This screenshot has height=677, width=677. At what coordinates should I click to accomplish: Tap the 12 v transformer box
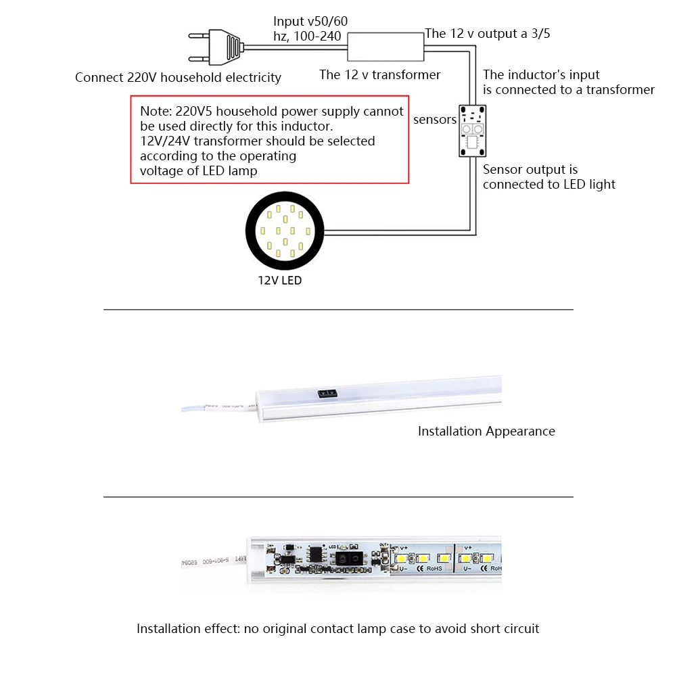click(385, 47)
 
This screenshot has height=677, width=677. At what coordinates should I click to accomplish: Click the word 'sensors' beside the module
click(435, 120)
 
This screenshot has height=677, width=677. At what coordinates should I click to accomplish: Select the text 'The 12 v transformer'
click(380, 75)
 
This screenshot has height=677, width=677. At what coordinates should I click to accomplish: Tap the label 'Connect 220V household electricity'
click(178, 78)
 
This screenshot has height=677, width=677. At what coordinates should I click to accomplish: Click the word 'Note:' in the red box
click(156, 112)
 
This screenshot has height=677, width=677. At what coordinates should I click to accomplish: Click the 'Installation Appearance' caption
click(486, 431)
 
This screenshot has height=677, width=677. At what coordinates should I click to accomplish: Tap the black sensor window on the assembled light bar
click(327, 393)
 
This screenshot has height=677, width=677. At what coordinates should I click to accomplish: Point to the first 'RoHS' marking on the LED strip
click(434, 569)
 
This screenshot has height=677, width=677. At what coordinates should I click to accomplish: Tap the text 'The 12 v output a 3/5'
click(487, 33)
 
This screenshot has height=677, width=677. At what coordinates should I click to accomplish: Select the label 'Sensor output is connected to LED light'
click(548, 177)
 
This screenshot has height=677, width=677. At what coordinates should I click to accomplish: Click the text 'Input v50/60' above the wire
click(310, 22)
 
